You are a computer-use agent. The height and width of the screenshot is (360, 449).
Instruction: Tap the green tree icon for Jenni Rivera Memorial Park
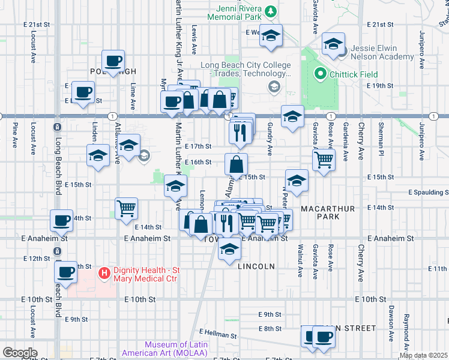[x=271, y=10]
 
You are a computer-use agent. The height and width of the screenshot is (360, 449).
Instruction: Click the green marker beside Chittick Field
[x=319, y=75]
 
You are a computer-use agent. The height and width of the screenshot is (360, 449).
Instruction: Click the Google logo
[x=20, y=353]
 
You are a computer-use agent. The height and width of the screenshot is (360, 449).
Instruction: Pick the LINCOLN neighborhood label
[x=256, y=266]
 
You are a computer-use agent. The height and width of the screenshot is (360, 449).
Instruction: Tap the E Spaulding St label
[x=428, y=193]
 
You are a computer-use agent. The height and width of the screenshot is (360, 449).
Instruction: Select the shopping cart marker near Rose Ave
[x=324, y=159]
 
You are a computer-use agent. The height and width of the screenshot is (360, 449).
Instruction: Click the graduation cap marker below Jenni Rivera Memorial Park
[x=271, y=37]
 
